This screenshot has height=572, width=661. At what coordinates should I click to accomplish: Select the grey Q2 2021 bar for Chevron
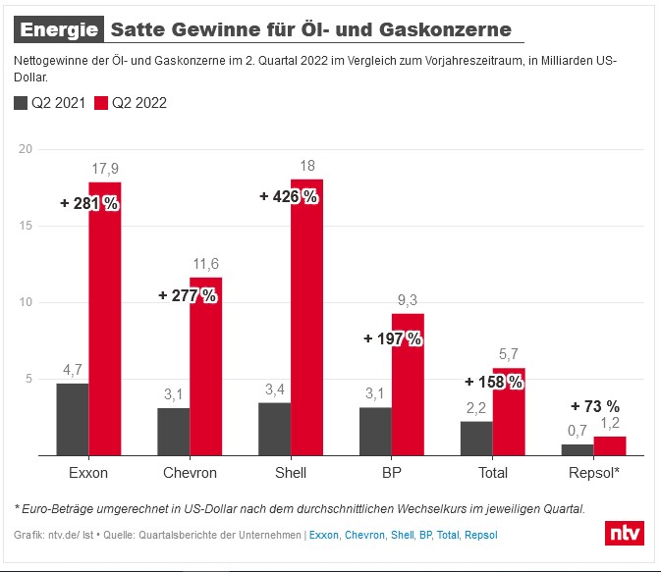click(173, 432)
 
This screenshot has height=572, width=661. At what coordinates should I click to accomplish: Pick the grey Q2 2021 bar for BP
click(375, 432)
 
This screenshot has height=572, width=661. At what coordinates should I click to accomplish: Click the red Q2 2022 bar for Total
click(509, 412)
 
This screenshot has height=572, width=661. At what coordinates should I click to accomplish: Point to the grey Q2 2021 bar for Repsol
click(578, 450)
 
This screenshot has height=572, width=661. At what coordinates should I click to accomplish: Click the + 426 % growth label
click(288, 196)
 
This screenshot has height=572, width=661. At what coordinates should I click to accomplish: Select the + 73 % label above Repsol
click(595, 406)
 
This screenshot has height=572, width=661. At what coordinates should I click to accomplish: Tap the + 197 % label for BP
click(392, 338)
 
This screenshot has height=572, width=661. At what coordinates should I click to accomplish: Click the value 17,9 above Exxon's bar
click(105, 168)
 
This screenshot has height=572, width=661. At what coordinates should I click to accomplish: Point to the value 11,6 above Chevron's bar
click(206, 263)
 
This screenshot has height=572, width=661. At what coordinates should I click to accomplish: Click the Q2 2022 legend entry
click(132, 102)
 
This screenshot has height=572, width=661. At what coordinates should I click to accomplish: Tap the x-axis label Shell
click(291, 473)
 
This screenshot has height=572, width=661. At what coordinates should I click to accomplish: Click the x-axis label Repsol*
click(595, 473)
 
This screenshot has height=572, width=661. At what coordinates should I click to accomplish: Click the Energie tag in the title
click(59, 29)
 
